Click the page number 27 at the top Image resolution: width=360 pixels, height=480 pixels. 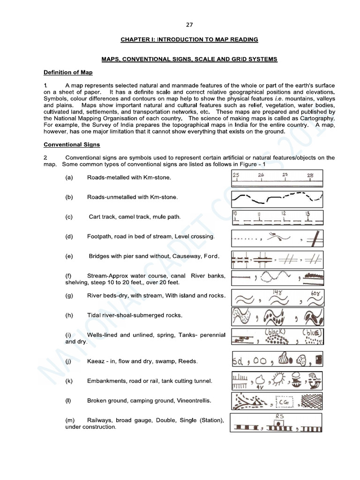(189, 25)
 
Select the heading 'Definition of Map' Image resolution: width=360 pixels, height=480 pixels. (68, 72)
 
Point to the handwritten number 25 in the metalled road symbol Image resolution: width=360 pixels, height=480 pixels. (236, 174)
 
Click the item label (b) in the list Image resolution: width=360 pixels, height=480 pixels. (69, 197)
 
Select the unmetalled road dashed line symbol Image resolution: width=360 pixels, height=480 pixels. (277, 198)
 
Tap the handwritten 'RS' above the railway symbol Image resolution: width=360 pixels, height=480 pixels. (280, 416)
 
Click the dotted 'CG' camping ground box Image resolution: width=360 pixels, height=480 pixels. (284, 403)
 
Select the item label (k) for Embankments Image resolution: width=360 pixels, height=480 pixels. (69, 381)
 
